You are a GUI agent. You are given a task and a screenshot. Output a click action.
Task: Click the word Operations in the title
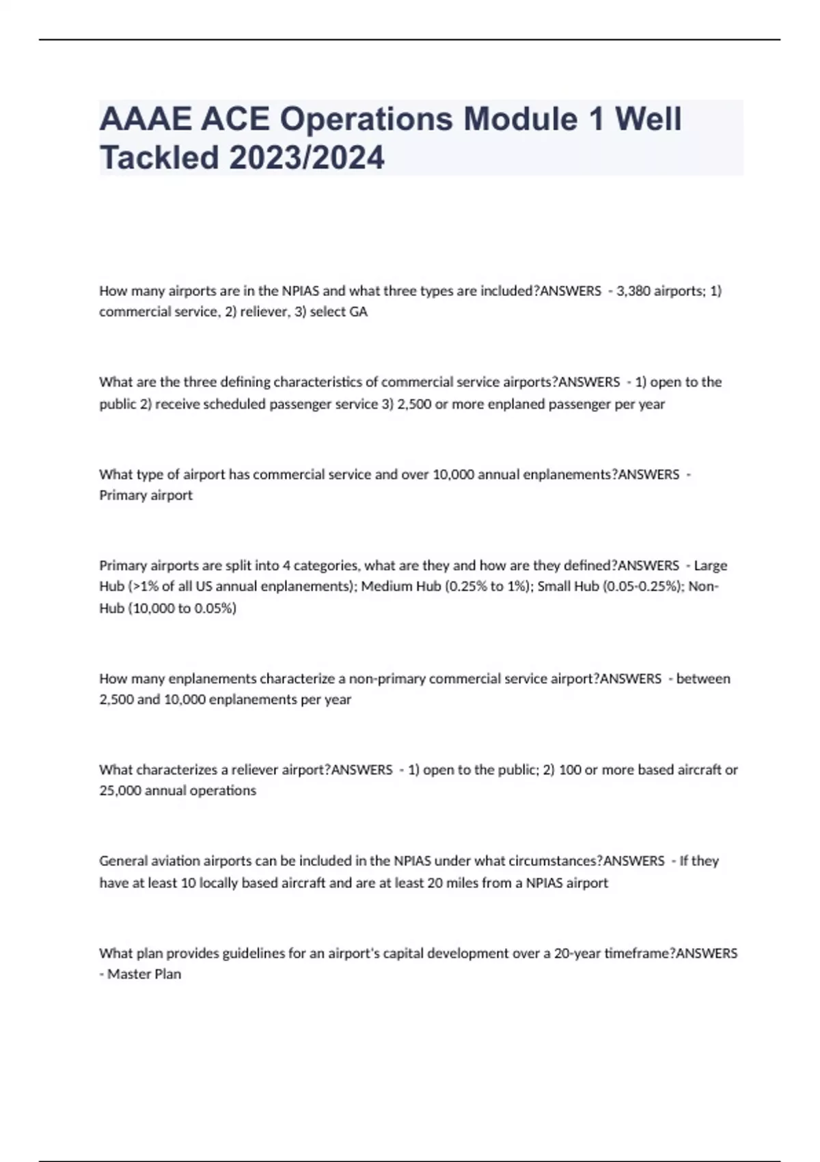366,119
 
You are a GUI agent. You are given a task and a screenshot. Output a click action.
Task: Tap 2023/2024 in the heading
307,158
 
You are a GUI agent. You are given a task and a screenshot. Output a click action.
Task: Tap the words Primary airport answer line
146,495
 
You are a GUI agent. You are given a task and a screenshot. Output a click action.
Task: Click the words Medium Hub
400,586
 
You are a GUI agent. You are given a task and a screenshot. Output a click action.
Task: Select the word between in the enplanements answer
703,679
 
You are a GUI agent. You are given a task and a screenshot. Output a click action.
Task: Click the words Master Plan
144,974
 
